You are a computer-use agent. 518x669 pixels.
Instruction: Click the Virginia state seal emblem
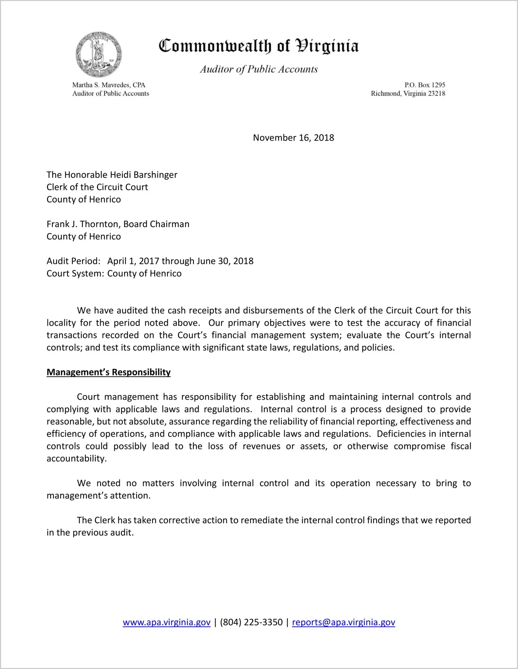(x=98, y=55)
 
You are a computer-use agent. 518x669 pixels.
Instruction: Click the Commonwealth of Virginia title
(x=259, y=46)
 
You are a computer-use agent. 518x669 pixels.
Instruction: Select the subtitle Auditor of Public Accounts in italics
(x=259, y=69)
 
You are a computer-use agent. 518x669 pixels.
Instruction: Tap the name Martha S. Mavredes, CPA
(x=109, y=85)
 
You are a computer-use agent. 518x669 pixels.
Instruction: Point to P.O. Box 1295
(x=424, y=85)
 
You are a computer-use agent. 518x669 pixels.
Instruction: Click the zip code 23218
(x=436, y=94)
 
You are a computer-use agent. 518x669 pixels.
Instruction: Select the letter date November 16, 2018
(x=293, y=138)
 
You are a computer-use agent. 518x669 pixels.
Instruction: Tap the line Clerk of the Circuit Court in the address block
(x=97, y=187)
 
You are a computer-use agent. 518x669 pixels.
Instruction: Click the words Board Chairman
(x=156, y=224)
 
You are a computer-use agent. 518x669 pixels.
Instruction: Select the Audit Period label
(x=73, y=261)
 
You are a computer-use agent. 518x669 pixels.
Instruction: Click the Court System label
(x=75, y=273)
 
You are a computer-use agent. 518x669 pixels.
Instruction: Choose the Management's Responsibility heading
(x=109, y=372)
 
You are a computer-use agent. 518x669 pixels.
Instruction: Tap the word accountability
(x=76, y=459)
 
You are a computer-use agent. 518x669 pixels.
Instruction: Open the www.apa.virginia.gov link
(x=166, y=622)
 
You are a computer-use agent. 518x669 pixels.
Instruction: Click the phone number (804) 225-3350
(x=251, y=622)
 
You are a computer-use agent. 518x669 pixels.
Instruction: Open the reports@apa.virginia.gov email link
(x=343, y=622)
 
